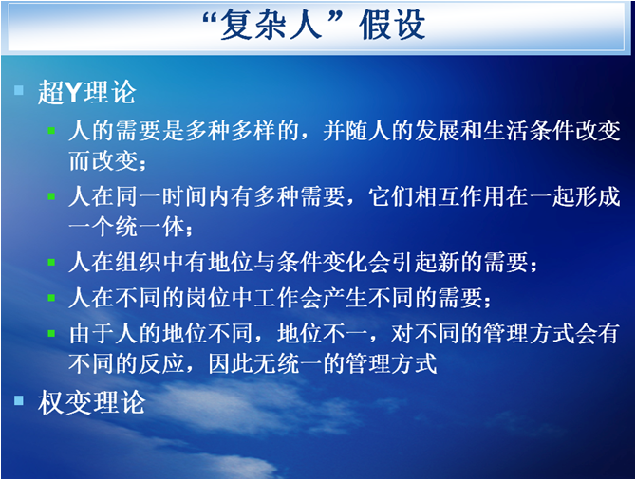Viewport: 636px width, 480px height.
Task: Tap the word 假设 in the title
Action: pyautogui.click(x=392, y=25)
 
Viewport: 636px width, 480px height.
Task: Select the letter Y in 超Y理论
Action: pyautogui.click(x=74, y=92)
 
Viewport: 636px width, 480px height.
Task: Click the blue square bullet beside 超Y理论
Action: pyautogui.click(x=19, y=89)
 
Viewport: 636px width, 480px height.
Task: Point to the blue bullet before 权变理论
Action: pyautogui.click(x=19, y=400)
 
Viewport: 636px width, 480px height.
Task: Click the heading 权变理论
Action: pyautogui.click(x=91, y=402)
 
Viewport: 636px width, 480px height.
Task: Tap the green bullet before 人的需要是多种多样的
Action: pyautogui.click(x=51, y=131)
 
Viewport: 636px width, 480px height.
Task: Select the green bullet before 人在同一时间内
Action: pyautogui.click(x=51, y=196)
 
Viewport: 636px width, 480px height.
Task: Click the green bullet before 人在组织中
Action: pyautogui.click(x=51, y=263)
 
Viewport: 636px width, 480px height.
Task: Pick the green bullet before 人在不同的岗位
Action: pyautogui.click(x=51, y=298)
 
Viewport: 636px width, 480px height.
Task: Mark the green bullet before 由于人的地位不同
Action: pyautogui.click(x=51, y=334)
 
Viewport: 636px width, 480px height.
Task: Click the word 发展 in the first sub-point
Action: pyautogui.click(x=439, y=131)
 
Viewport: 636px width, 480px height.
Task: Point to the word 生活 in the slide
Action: pyautogui.click(x=507, y=131)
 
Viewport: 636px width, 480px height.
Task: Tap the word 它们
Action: pyautogui.click(x=392, y=196)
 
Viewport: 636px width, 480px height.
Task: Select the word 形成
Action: pyautogui.click(x=597, y=196)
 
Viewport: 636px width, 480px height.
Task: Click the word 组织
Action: pyautogui.click(x=138, y=263)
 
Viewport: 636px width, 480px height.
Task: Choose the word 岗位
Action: pyautogui.click(x=208, y=298)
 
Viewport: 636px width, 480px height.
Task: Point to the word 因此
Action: pyautogui.click(x=231, y=363)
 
